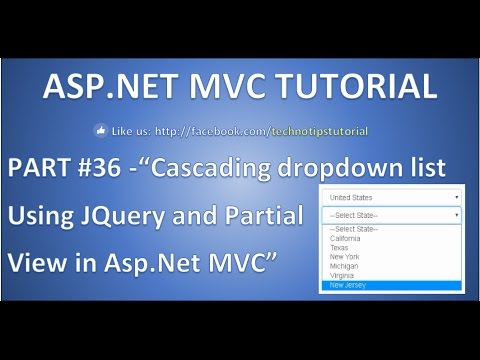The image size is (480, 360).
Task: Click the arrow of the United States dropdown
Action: tap(456, 197)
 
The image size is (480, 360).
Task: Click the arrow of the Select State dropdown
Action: tap(456, 215)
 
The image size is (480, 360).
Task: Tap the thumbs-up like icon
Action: tap(101, 130)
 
